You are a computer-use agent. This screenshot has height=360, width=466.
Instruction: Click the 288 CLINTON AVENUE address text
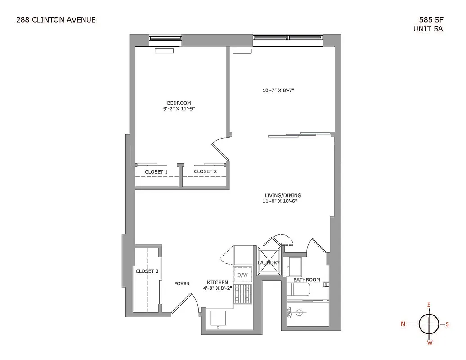(x=56, y=19)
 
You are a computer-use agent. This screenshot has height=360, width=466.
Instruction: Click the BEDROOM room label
(x=179, y=103)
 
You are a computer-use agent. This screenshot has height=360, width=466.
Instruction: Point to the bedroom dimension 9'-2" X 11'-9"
(x=179, y=108)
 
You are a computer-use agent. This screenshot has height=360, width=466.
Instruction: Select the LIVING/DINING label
(x=282, y=195)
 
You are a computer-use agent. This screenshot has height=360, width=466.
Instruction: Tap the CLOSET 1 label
(x=156, y=171)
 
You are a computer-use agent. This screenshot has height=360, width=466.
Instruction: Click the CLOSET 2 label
(x=206, y=171)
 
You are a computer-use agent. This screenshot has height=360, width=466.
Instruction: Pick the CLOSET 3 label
(x=147, y=271)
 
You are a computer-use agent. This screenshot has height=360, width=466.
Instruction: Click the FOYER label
(x=182, y=283)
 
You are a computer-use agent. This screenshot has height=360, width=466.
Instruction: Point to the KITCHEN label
(x=217, y=283)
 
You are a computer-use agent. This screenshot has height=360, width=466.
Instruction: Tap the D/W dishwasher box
(x=242, y=275)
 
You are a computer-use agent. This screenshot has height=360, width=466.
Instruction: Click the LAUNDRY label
(x=269, y=262)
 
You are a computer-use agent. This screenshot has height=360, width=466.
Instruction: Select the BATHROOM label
(x=306, y=279)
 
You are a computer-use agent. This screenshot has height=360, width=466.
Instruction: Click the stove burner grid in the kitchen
(x=243, y=295)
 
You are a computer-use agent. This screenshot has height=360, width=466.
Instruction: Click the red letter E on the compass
(x=429, y=306)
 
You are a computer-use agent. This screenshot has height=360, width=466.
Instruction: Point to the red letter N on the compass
(x=403, y=324)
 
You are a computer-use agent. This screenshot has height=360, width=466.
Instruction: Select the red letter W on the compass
(x=430, y=342)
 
